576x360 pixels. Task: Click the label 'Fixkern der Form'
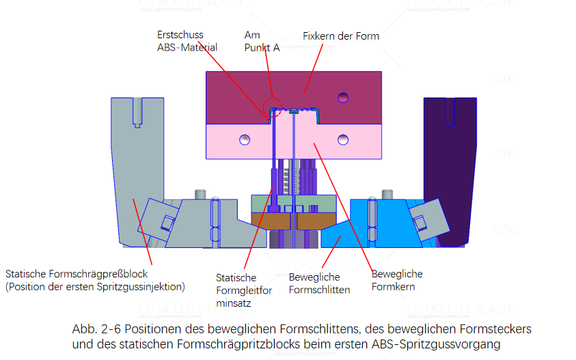click(x=340, y=36)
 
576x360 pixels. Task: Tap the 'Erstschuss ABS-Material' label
click(x=187, y=41)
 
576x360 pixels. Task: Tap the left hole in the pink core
click(x=244, y=140)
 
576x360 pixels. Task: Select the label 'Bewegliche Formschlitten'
click(x=319, y=283)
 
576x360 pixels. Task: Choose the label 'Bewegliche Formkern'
click(x=396, y=280)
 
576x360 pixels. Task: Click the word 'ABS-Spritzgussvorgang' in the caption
click(x=430, y=344)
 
